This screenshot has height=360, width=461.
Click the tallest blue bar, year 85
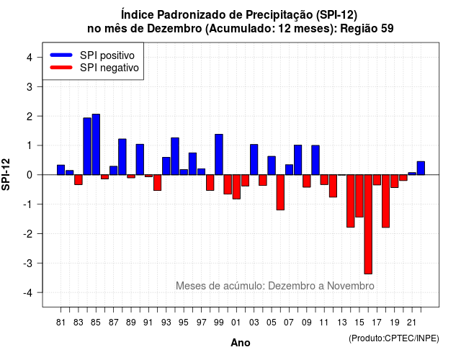(96, 144)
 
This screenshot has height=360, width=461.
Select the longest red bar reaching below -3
(368, 224)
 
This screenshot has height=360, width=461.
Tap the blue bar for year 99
(219, 155)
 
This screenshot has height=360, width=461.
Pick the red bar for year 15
(359, 196)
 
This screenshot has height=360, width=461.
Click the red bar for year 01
(236, 187)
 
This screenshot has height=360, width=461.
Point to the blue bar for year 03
(254, 160)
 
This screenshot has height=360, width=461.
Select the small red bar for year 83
(79, 179)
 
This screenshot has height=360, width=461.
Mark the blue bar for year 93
(166, 166)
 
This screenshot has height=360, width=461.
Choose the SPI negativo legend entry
(94, 68)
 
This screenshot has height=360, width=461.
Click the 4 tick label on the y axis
(30, 58)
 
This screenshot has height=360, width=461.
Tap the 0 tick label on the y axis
(30, 175)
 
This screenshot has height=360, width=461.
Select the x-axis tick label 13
(341, 323)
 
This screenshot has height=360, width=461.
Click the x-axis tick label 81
(61, 323)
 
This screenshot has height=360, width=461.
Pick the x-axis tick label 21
(412, 323)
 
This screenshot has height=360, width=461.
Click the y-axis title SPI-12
(6, 174)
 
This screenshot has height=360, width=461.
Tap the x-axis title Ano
(241, 343)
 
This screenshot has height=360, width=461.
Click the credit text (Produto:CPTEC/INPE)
(394, 338)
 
